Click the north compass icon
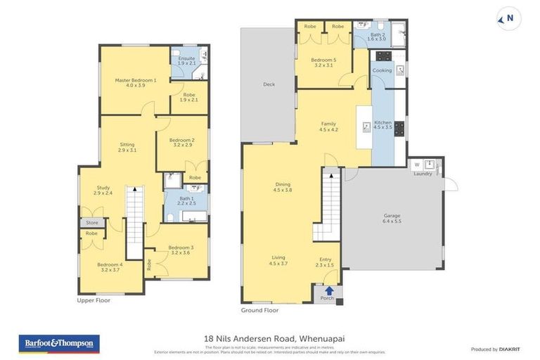[x=508, y=19]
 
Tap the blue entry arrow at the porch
[x=328, y=290]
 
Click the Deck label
[x=269, y=84]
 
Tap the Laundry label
[x=423, y=174]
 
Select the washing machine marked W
[x=416, y=165]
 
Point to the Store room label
[x=92, y=223]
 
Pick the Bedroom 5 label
[x=325, y=63]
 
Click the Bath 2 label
[x=377, y=36]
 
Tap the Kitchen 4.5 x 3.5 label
[x=382, y=124]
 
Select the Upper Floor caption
[x=94, y=300]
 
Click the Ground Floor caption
[x=259, y=310]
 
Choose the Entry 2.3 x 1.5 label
[x=326, y=262]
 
